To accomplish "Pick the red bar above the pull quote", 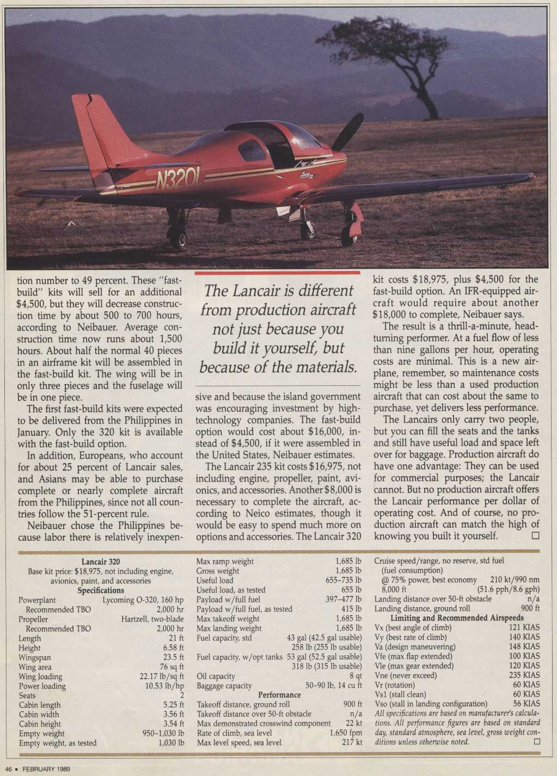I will click(277, 272).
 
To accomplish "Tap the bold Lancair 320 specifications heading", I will click(101, 562).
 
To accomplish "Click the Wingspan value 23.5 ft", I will click(173, 657).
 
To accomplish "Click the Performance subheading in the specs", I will click(279, 695).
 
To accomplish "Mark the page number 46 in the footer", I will click(9, 769).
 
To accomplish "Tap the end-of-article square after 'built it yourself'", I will click(535, 535).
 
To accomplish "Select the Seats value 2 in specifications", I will click(182, 695).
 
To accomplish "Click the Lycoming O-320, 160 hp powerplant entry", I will click(143, 600).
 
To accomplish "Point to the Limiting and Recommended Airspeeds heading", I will click(457, 618).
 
